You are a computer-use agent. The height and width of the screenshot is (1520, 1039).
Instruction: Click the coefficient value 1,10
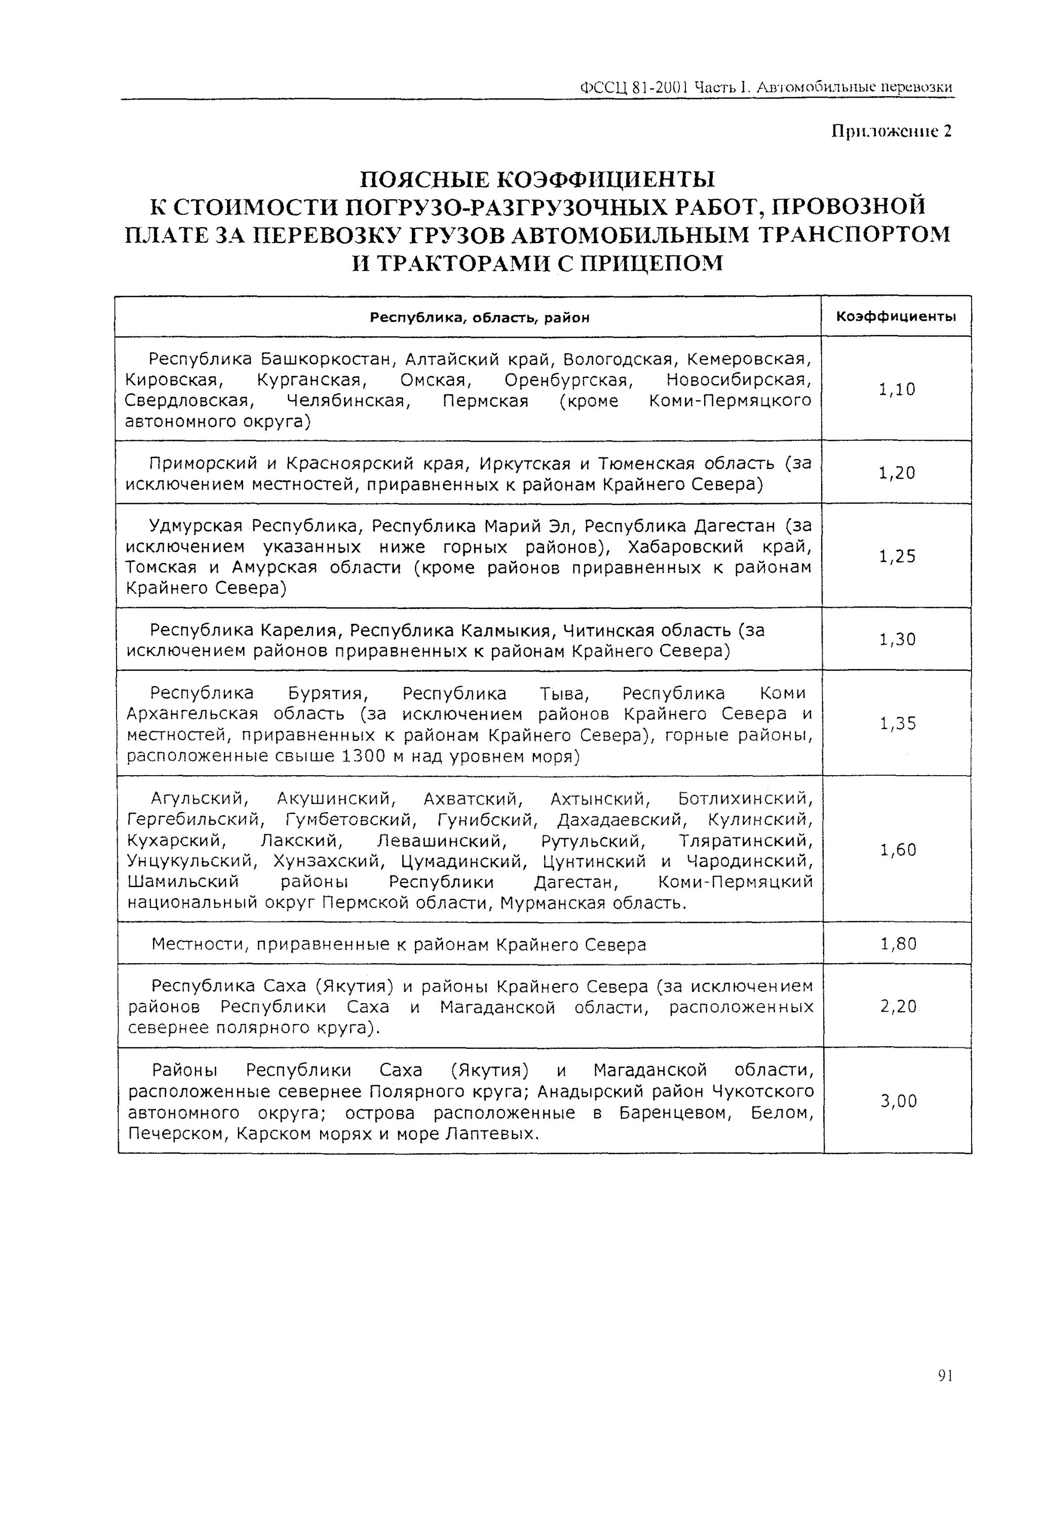pos(897,390)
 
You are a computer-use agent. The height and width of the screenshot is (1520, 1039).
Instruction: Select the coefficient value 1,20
pos(897,473)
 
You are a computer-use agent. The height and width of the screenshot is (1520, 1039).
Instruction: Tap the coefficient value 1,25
pos(897,557)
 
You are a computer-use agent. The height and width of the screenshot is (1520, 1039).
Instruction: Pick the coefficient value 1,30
pos(897,639)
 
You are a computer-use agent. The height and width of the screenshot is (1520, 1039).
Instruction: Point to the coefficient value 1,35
pos(898,724)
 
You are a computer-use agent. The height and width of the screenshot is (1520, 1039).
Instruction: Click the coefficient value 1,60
pos(898,850)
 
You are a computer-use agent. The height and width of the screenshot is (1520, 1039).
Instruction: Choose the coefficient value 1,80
pos(898,944)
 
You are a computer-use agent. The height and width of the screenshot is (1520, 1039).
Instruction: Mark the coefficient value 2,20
pos(898,1006)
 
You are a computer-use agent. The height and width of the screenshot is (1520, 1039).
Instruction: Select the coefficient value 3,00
pos(898,1101)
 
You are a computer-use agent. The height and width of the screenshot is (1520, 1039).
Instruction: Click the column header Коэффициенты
pos(896,317)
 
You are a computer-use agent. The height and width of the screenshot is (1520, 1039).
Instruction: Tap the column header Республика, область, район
pos(479,318)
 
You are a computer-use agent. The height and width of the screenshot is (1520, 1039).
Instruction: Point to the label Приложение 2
pos(891,131)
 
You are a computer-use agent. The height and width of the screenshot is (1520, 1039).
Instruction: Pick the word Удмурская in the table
pos(196,526)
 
